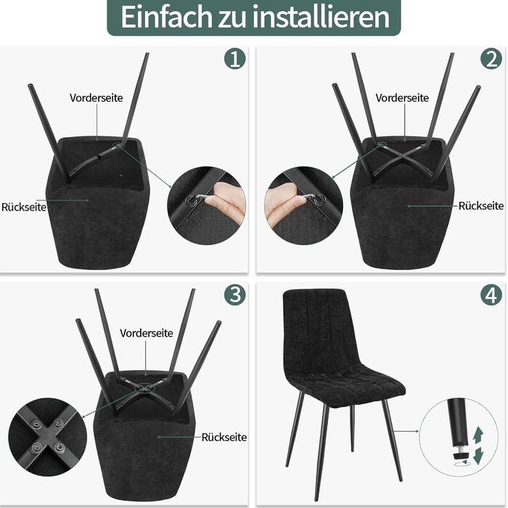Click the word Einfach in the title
pos(166,17)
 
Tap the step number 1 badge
pos(235,59)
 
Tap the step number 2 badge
pos(491,59)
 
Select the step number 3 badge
pos(235,295)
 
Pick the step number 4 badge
pos(491,295)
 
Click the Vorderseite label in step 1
pos(97,98)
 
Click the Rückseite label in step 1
pos(24,207)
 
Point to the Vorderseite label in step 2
pos(402,98)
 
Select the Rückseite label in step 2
pos(481,205)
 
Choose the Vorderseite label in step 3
pos(147,333)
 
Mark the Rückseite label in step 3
pos(224,438)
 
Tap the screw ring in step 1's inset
pos(190,201)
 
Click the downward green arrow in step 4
pos(478,456)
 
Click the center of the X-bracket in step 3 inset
pos(48,436)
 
